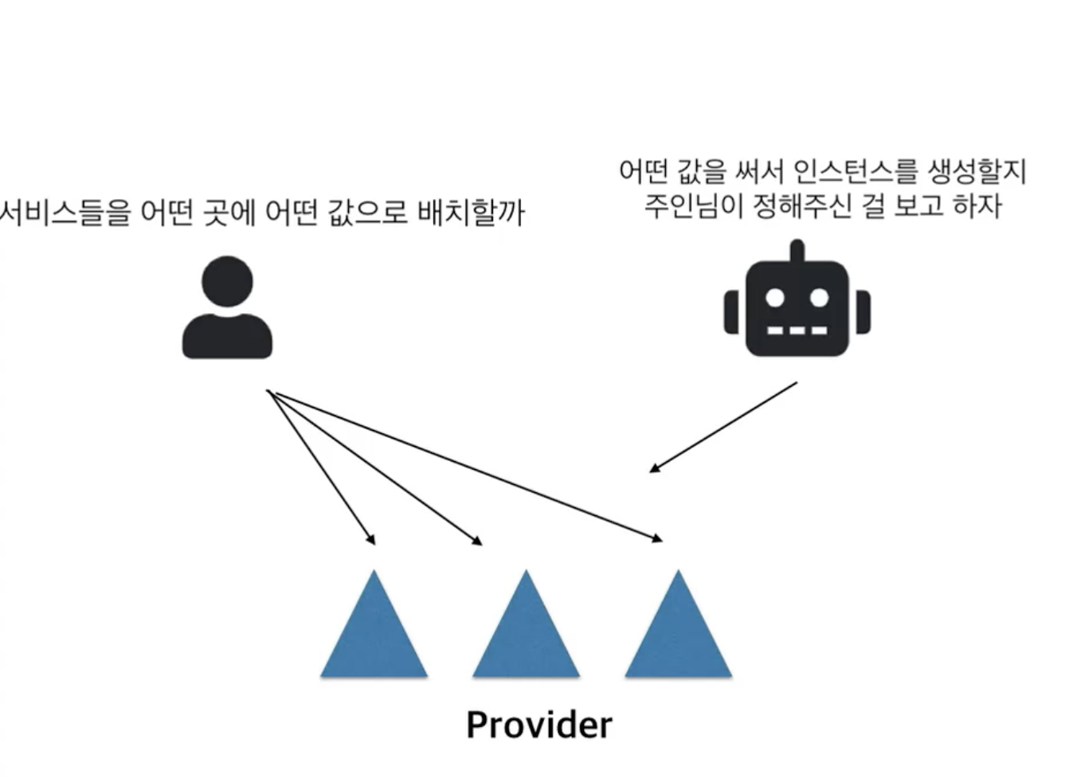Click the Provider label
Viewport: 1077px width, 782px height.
point(539,725)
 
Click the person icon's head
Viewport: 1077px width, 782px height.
point(227,281)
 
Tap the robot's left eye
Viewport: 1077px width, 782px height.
point(774,298)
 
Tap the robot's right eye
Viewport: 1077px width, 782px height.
point(819,298)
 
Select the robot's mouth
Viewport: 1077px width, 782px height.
point(797,330)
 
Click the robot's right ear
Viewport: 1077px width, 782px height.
point(863,312)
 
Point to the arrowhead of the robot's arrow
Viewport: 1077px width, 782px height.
point(654,468)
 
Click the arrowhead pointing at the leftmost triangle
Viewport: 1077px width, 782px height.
point(370,540)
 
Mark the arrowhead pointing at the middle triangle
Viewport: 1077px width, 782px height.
point(477,542)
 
